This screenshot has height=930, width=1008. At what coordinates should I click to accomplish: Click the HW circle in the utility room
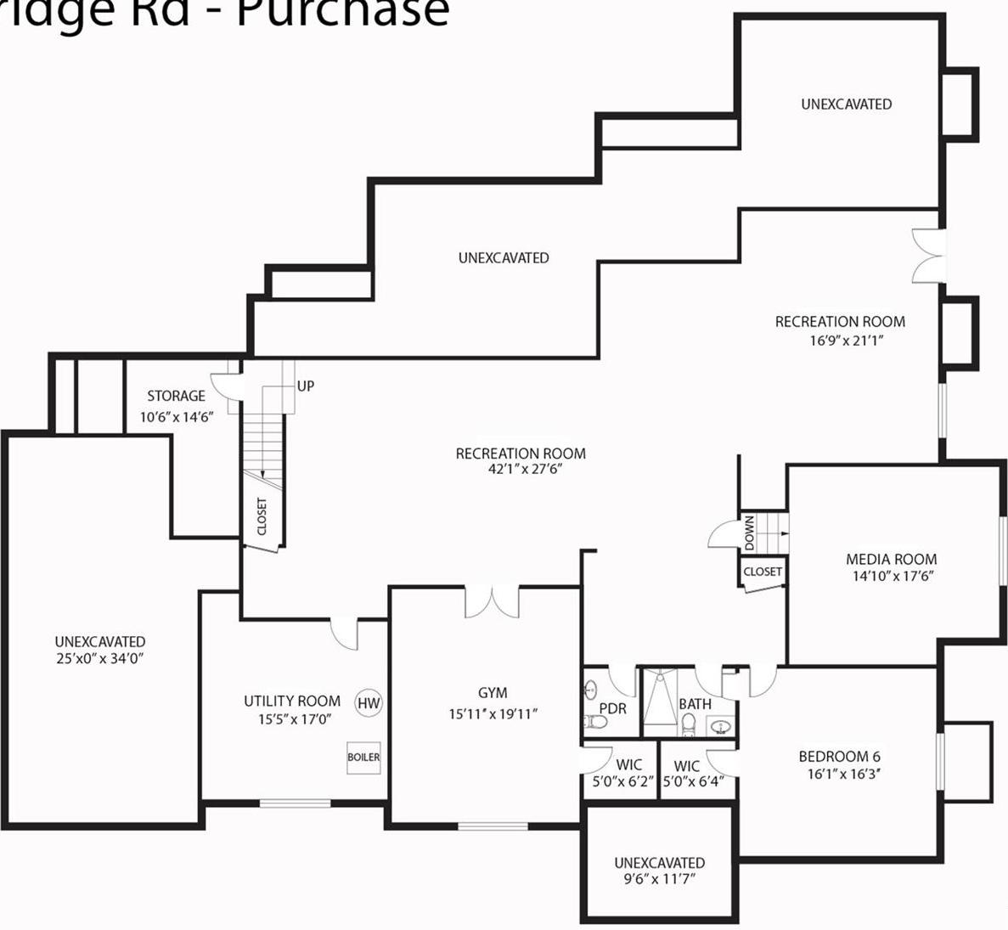(369, 703)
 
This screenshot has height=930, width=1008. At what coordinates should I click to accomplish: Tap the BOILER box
(363, 757)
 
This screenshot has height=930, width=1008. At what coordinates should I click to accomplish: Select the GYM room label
(493, 693)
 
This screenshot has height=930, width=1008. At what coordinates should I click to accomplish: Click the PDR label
(612, 708)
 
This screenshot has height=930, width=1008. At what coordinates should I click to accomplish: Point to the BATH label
(695, 704)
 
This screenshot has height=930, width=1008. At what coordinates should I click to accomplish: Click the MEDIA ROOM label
(891, 559)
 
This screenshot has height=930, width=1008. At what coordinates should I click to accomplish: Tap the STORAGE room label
(176, 396)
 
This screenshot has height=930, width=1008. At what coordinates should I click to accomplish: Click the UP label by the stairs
(306, 386)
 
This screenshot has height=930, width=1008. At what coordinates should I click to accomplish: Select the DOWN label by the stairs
(749, 533)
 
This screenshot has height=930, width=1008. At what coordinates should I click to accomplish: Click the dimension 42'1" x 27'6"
(521, 469)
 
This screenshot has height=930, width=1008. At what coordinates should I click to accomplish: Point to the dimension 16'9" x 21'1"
(840, 341)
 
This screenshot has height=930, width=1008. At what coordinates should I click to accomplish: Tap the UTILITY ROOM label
(292, 701)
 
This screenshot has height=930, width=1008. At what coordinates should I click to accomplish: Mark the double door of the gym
(492, 601)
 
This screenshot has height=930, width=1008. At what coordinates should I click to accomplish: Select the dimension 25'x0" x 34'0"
(100, 658)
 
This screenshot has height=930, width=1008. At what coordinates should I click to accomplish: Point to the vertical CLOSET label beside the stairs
(262, 516)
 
